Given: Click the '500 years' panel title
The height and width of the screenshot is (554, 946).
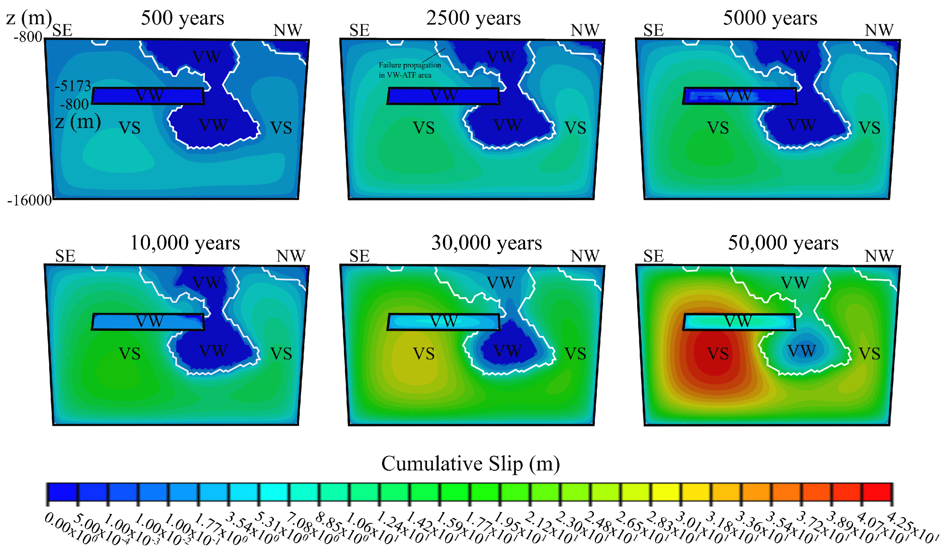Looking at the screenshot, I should [182, 18].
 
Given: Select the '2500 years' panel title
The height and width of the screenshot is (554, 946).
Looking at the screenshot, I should [473, 18].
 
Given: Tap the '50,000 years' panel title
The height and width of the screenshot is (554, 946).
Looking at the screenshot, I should [783, 243].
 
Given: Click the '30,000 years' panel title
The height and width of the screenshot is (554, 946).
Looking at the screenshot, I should [486, 243].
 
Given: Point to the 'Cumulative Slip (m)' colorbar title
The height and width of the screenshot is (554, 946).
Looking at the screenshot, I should [470, 464].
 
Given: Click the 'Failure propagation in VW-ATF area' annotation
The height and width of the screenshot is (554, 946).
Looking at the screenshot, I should [409, 70].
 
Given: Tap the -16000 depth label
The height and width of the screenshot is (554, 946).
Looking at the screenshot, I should [29, 201].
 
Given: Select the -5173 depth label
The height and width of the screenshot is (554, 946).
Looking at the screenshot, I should [73, 86].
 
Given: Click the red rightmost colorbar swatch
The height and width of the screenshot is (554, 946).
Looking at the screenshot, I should [877, 492].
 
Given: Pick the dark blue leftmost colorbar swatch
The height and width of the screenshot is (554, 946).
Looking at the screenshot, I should [62, 492].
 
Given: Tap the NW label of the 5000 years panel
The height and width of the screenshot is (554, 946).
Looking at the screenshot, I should [879, 30].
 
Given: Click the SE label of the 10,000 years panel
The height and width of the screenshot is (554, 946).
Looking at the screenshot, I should [65, 256].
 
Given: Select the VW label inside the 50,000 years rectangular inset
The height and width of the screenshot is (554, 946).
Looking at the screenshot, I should [738, 321].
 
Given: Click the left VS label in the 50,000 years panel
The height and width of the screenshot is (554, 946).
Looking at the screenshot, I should [718, 353].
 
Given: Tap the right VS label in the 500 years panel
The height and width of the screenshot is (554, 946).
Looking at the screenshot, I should [281, 128].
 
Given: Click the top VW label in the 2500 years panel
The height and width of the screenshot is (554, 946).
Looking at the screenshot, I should [501, 57].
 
